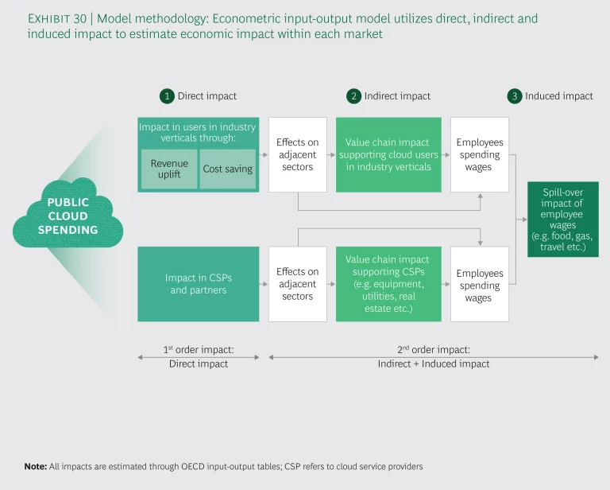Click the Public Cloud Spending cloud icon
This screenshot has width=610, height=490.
68,216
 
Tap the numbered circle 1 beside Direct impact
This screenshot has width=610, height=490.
167,96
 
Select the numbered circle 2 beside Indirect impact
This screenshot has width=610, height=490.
353,96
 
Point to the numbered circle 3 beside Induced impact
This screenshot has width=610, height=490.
515,96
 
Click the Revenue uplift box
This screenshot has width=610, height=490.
169,169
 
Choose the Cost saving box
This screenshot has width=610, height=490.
228,169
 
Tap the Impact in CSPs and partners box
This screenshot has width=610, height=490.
198,284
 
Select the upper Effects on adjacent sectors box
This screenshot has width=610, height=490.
297,154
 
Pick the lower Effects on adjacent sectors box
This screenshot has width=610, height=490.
297,284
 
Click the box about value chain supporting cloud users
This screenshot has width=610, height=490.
388,154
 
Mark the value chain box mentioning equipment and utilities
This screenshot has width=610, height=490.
388,284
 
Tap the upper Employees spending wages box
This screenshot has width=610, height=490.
479,154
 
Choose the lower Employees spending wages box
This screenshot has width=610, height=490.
479,285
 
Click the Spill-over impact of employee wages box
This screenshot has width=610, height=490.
562,219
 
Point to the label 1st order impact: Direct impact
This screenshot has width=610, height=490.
198,356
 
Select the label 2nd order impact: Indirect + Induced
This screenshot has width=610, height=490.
433,356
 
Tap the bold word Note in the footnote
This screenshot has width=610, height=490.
35,465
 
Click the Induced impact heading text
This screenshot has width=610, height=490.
559,96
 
